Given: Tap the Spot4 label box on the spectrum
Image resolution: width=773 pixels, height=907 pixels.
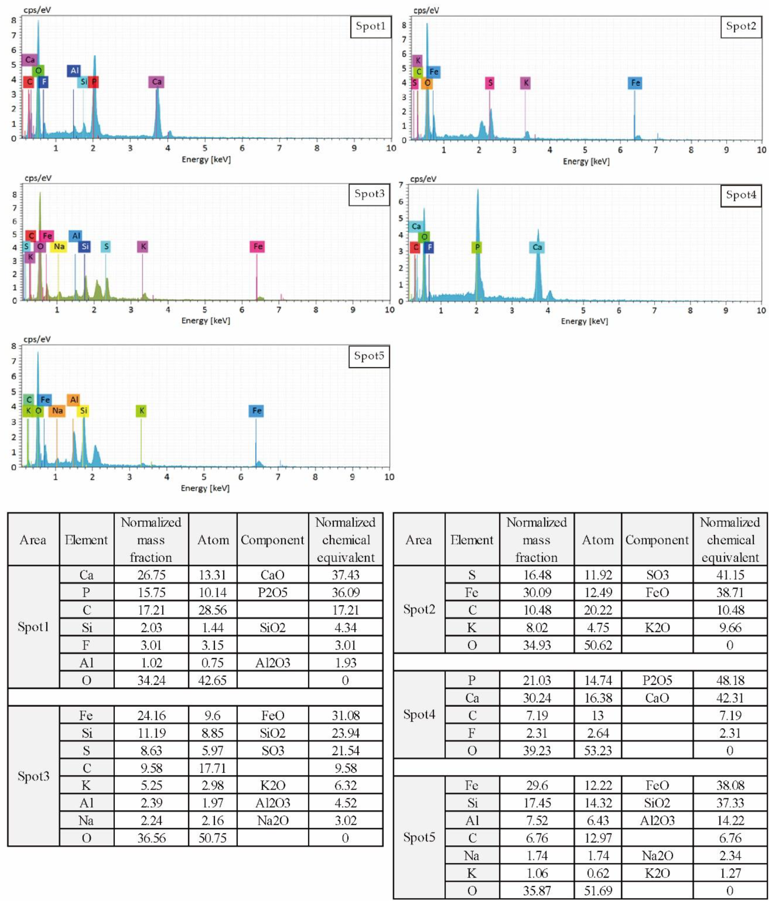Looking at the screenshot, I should pos(741,195).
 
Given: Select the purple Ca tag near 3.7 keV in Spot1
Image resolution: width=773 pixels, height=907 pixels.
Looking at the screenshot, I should pos(156,82).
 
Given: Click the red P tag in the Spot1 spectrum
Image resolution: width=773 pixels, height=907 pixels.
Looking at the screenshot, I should pos(93,82).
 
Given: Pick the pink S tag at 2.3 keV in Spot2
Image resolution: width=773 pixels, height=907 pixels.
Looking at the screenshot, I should pos(490,83).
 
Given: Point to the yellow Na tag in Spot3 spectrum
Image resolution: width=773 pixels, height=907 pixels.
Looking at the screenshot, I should pos(59,247).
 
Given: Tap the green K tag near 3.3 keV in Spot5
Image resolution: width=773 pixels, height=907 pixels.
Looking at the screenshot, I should pos(141,411).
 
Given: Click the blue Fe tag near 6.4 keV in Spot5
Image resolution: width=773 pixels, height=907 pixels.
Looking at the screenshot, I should pos(256,411).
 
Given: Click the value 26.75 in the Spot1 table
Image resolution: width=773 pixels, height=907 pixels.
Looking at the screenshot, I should pos(151,575).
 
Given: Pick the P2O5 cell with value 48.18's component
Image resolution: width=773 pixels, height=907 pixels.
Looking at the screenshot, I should pos(657,680).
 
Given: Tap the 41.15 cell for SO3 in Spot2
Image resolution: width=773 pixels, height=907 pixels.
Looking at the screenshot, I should pos(730,575).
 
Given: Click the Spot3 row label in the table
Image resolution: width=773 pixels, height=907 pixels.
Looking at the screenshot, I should pos(33,776).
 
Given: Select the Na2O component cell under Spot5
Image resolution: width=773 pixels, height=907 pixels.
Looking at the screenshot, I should pos(657,855).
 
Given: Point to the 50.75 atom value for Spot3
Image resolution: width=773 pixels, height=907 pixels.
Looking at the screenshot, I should pos(212,838).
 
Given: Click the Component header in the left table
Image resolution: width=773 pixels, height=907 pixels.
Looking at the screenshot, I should pos(272,540).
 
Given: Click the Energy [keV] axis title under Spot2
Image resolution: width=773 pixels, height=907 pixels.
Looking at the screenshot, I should pos(586,162).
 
